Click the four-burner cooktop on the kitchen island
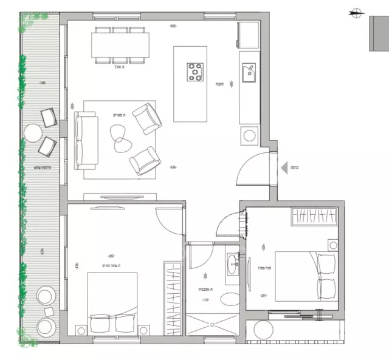196,72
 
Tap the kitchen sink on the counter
248,73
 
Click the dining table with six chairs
120,44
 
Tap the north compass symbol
356,10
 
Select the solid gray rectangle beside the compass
379,33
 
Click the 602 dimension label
173,26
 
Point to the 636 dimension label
173,168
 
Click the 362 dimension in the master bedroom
111,256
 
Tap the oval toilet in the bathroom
230,299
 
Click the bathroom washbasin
233,265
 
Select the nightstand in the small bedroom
333,245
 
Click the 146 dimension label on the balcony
42,83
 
